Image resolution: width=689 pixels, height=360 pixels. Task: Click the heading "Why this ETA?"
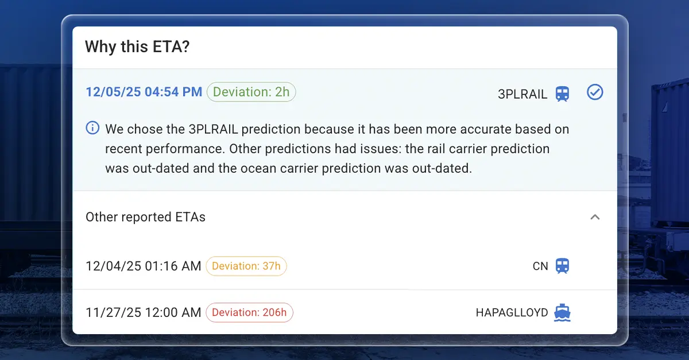coord(137,47)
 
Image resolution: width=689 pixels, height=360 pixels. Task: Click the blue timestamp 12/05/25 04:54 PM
coord(144,92)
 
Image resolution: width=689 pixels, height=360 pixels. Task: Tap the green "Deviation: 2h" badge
coord(251,92)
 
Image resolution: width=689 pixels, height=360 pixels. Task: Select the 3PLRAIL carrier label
coord(522,94)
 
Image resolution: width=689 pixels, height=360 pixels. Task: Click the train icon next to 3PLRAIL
coord(562,94)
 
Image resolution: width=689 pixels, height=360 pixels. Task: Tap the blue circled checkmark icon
coord(595,92)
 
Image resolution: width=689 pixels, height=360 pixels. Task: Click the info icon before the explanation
coord(92,128)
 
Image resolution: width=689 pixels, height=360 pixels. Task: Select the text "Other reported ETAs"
coord(145,217)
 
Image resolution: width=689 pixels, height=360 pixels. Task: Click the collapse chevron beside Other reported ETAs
coord(595,217)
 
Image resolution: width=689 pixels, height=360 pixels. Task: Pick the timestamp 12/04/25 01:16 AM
coord(143,266)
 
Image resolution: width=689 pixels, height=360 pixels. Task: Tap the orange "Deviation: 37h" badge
coord(246,266)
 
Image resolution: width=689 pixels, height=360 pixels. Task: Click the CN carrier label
coord(540,266)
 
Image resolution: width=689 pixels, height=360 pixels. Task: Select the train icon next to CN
coord(562,266)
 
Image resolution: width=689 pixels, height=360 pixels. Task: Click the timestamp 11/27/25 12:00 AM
coord(143,313)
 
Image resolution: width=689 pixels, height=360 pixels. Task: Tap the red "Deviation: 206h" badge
coord(249,313)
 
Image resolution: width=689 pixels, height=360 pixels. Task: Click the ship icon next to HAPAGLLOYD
coord(562,313)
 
